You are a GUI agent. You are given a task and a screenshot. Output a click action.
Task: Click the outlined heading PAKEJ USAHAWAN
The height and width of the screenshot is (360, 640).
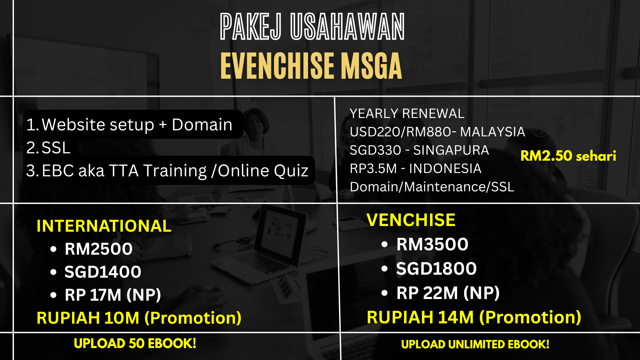(x=312, y=27)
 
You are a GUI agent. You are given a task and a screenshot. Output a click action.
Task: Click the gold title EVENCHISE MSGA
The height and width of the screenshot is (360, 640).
(x=311, y=66)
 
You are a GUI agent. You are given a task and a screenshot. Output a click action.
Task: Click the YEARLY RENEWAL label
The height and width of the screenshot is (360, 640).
(x=407, y=114)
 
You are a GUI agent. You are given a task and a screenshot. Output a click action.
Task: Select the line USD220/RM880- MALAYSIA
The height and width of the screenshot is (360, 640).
(x=437, y=132)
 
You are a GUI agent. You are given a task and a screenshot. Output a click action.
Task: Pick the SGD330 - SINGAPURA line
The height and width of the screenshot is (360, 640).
(x=419, y=150)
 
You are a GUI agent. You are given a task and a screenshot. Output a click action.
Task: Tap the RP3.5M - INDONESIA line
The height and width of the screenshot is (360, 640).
(x=416, y=169)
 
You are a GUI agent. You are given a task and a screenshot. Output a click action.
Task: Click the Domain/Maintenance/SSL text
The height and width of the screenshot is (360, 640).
(x=432, y=187)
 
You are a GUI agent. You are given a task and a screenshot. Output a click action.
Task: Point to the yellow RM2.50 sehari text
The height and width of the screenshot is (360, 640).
(x=568, y=156)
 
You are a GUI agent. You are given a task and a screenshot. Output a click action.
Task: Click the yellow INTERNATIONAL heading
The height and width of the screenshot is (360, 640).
(x=104, y=226)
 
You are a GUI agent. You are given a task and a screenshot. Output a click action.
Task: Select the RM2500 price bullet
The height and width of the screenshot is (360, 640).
(x=99, y=249)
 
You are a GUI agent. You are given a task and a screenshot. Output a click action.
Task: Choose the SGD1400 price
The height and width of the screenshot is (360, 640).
(x=103, y=272)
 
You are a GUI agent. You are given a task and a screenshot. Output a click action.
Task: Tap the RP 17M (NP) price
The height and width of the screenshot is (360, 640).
(x=113, y=295)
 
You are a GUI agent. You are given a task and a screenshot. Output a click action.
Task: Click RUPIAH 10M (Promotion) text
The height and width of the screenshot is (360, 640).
(x=139, y=318)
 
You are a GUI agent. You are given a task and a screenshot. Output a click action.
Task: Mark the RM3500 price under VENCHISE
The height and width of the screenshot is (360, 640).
(x=432, y=244)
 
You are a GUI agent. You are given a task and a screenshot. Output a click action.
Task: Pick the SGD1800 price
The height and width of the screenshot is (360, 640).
(x=437, y=269)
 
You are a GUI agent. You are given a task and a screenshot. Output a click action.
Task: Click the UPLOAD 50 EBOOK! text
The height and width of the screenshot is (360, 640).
(x=135, y=344)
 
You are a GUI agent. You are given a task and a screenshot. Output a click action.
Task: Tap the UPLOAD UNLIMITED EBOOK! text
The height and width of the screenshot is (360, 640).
(x=475, y=344)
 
